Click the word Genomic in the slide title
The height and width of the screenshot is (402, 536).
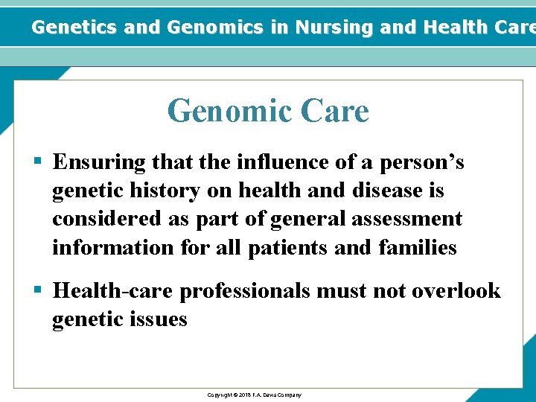pos(230,112)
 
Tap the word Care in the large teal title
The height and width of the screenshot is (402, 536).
pos(335,112)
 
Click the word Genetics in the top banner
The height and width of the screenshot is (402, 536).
pos(74,28)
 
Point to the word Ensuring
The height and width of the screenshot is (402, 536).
pos(99,162)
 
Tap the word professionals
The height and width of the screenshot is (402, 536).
pos(245,290)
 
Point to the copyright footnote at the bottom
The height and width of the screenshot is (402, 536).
pos(254,395)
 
